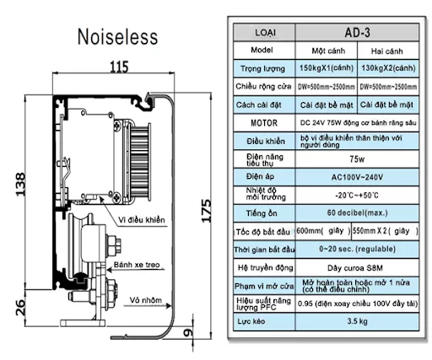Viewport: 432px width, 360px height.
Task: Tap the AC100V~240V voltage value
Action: click(355, 176)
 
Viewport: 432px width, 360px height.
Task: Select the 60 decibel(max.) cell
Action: click(355, 212)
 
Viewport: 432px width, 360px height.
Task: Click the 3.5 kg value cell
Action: click(355, 321)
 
